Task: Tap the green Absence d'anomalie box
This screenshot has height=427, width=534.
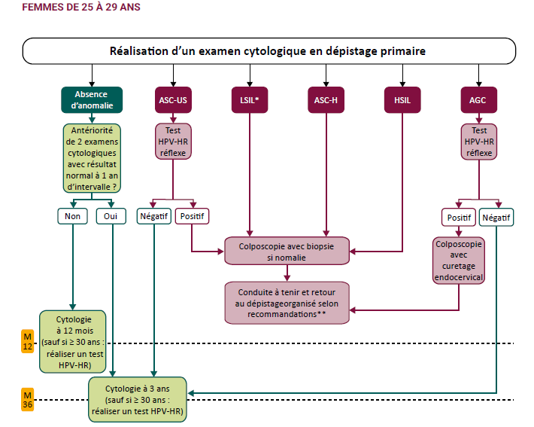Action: (x=92, y=99)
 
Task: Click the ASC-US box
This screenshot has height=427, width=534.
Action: (x=173, y=99)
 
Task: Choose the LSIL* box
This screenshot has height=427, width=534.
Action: (x=250, y=99)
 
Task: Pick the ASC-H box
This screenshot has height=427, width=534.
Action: (x=326, y=99)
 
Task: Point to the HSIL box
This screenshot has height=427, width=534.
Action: (x=403, y=99)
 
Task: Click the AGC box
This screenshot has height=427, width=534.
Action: (x=478, y=99)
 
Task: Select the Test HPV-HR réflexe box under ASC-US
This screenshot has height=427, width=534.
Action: (x=173, y=141)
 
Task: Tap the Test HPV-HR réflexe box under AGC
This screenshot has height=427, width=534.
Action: (x=478, y=141)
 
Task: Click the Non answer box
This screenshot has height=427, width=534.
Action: (x=73, y=216)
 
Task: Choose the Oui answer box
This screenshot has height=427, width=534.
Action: (x=111, y=216)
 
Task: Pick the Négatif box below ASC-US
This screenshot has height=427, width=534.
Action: (x=153, y=216)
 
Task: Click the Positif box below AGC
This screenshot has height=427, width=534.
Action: (x=458, y=218)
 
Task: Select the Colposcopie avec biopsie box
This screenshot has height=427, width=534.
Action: (x=287, y=250)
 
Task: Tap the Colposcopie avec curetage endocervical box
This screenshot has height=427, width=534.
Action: (x=459, y=261)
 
